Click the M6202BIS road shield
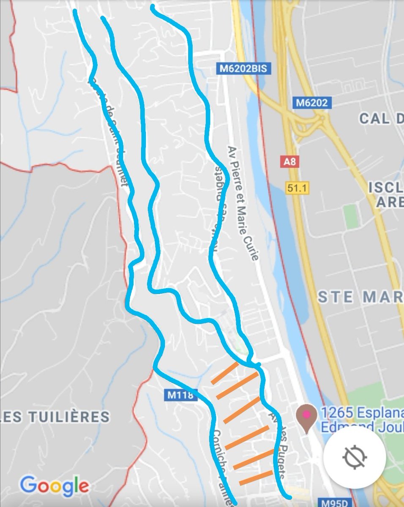[243, 68]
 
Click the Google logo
[55, 486]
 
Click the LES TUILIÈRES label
[55, 417]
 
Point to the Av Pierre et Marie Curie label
[243, 203]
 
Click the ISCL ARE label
[386, 195]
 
